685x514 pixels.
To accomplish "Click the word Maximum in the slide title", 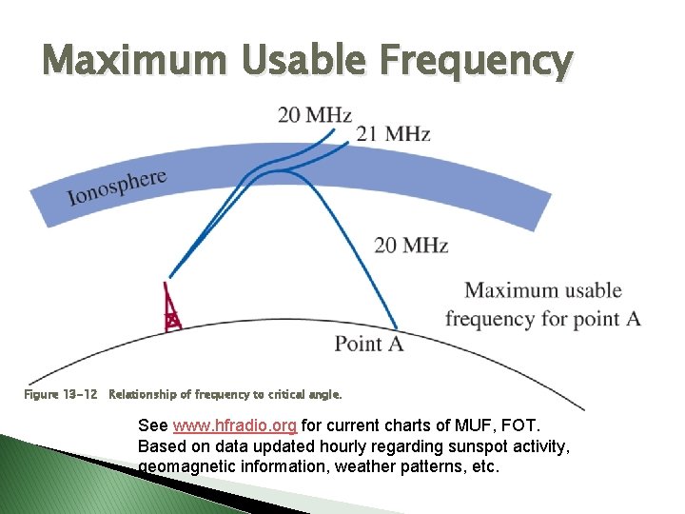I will click(x=133, y=61).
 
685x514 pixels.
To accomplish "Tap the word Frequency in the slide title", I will click(x=475, y=61).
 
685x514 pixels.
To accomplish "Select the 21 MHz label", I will click(x=393, y=134).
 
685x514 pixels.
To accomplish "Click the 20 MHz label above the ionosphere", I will click(x=314, y=115).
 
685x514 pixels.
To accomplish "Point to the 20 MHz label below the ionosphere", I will click(x=410, y=246).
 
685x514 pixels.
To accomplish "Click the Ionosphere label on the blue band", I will click(x=117, y=187).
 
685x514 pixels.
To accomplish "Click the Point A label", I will click(x=368, y=344).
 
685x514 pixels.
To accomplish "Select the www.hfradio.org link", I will click(x=235, y=425).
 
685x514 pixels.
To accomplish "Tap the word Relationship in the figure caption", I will click(x=144, y=393).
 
